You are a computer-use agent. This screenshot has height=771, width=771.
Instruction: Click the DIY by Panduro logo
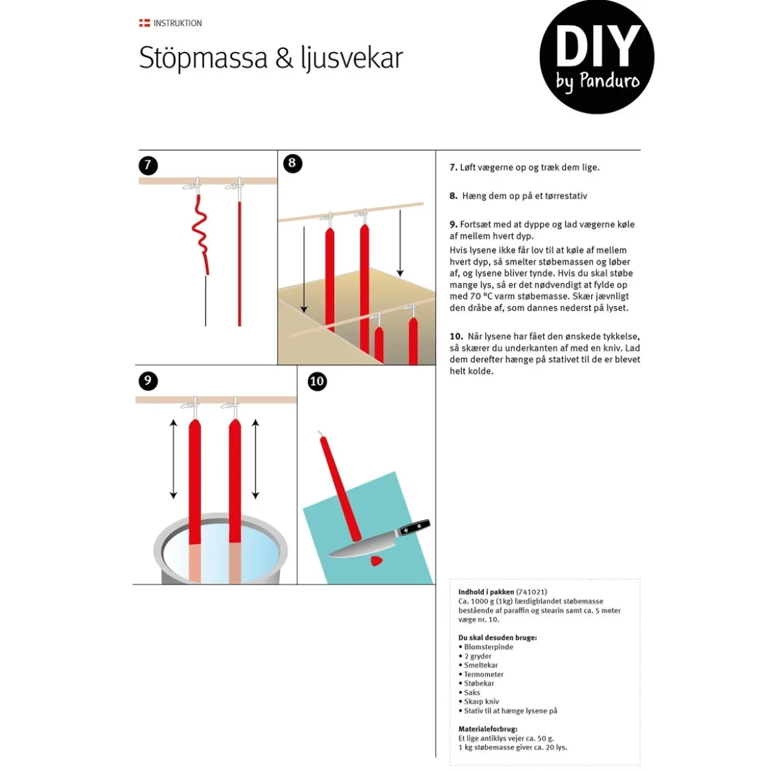[596, 57]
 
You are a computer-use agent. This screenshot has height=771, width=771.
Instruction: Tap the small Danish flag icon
[144, 23]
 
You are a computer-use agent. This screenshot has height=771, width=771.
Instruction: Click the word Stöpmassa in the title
[203, 58]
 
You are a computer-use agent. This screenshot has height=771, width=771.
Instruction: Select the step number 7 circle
[148, 165]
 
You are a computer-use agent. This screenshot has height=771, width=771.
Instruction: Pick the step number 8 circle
[293, 163]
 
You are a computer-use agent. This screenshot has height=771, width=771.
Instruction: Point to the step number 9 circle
[148, 381]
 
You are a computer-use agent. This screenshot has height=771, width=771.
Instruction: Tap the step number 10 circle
[317, 381]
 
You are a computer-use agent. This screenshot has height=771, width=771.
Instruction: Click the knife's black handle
[414, 528]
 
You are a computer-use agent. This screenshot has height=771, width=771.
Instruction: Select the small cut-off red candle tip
[377, 561]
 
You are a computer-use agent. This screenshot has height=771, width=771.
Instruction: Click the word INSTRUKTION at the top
[177, 23]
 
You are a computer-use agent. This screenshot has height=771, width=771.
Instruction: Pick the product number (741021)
[532, 592]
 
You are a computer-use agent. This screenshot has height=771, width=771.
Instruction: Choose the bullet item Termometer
[484, 674]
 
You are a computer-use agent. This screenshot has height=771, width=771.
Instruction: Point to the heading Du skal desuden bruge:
[498, 638]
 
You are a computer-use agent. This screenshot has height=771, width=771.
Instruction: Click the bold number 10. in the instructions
[456, 336]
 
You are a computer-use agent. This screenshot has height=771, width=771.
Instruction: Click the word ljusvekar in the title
[352, 58]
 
